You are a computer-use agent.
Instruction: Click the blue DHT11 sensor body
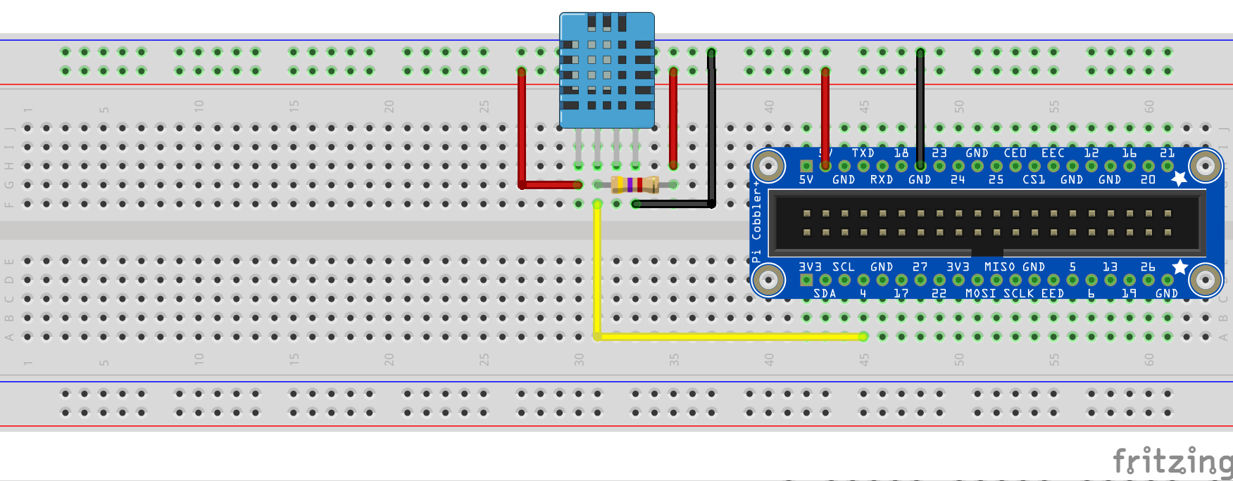(606, 70)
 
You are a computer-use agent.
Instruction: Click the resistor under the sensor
(634, 185)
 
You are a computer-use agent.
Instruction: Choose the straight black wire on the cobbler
(920, 105)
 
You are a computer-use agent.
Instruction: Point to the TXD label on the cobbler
(863, 153)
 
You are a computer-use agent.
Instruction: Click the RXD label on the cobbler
(881, 180)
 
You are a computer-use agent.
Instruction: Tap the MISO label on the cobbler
(999, 267)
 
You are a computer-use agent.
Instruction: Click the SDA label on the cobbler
(825, 294)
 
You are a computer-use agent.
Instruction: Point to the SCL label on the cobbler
(843, 267)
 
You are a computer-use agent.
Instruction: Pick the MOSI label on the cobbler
(980, 294)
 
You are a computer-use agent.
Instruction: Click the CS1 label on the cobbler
(1034, 180)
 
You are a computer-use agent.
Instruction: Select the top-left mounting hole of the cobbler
(768, 167)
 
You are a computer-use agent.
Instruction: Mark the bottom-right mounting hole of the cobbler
(1205, 281)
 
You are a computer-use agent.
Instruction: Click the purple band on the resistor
(628, 185)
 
